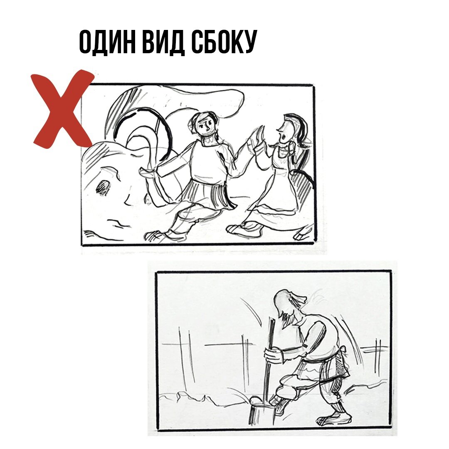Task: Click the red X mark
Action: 62,109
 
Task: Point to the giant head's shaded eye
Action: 102,188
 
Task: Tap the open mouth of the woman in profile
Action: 284,136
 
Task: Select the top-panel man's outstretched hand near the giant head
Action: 149,171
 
